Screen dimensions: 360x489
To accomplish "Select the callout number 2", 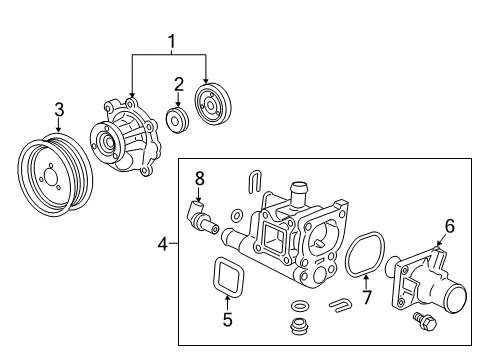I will click(x=178, y=83).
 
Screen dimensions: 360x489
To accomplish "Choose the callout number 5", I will click(x=227, y=321).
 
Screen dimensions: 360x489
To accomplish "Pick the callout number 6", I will click(x=449, y=226).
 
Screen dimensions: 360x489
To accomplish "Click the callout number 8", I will click(x=199, y=178).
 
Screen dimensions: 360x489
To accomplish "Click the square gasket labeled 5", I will click(x=227, y=275).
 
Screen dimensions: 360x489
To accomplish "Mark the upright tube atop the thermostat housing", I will click(x=297, y=190).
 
